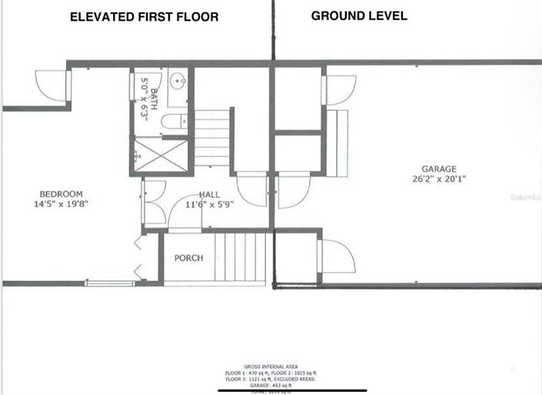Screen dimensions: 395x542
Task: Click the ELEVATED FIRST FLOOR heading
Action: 144,16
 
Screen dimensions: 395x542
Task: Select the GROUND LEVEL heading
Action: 359,15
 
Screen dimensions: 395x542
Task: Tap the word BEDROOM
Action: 62,194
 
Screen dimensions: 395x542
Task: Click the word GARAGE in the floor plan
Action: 438,169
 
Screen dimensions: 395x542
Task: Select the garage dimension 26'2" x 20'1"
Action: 438,179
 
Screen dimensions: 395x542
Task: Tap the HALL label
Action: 211,195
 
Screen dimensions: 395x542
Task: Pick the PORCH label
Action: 188,258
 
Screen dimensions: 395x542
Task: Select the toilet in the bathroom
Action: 174,121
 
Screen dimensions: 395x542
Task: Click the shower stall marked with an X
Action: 164,154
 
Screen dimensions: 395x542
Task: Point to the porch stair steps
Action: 243,257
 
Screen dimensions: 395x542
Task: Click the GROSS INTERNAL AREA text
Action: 271,366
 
